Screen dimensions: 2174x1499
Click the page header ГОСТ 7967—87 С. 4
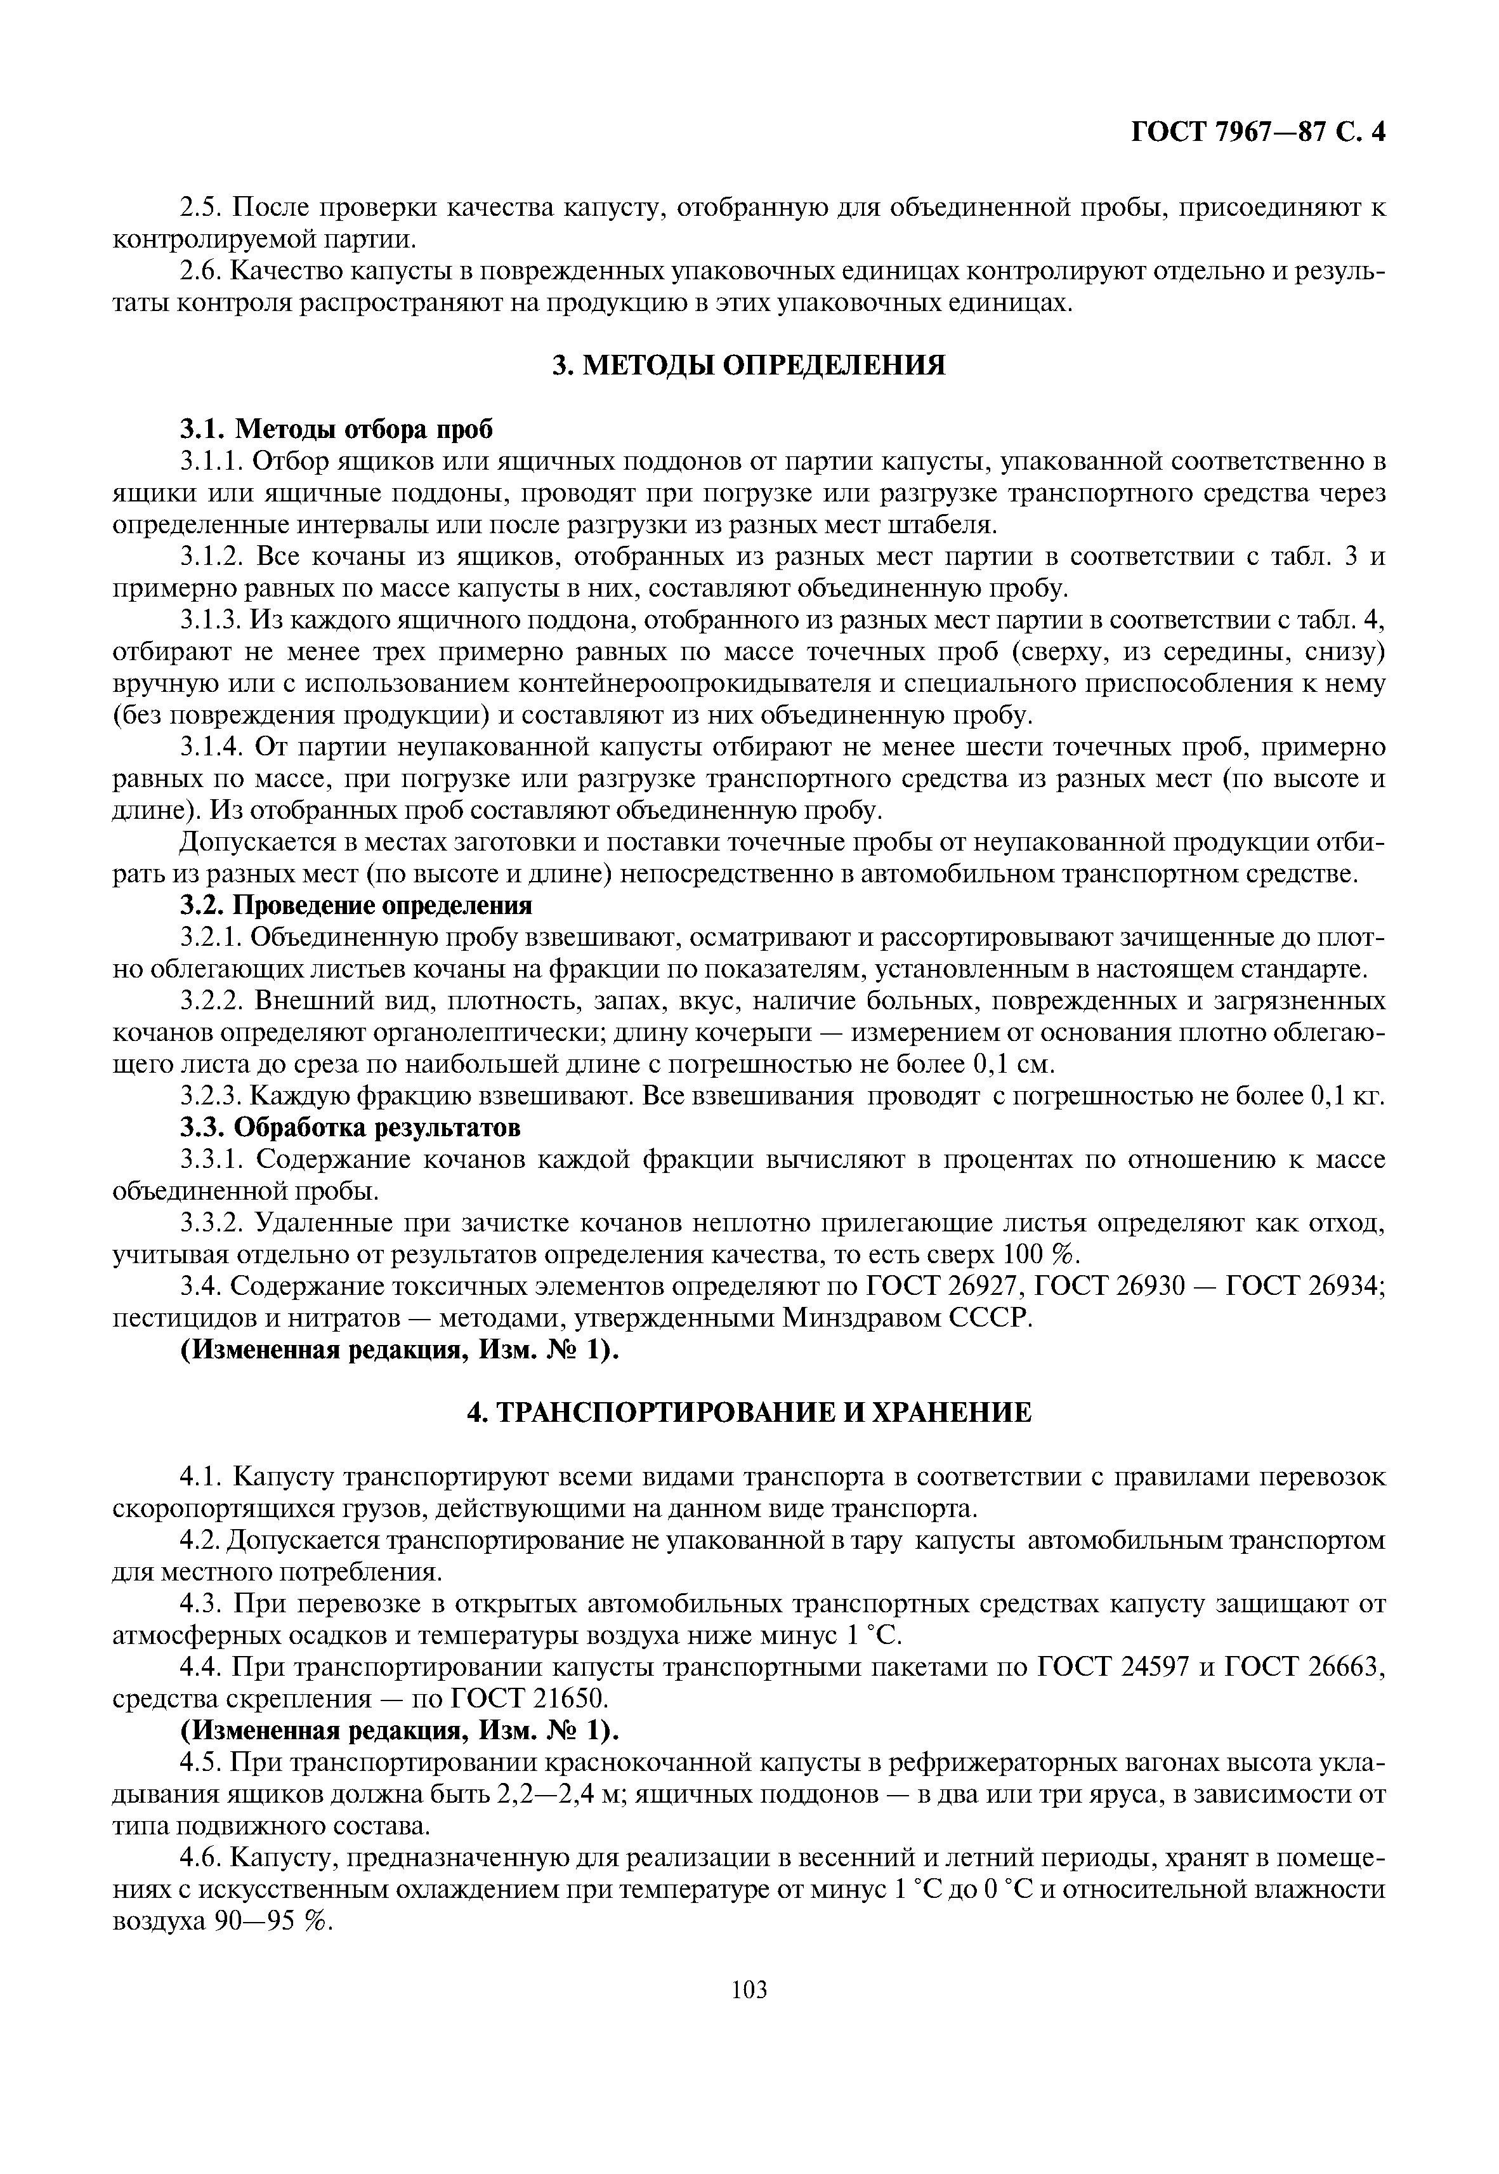[x=1257, y=133]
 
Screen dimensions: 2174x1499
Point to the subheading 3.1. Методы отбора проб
[x=336, y=429]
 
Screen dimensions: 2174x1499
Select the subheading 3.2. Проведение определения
[x=356, y=905]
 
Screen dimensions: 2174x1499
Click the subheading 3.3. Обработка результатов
[x=350, y=1127]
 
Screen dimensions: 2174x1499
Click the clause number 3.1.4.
[x=213, y=747]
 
